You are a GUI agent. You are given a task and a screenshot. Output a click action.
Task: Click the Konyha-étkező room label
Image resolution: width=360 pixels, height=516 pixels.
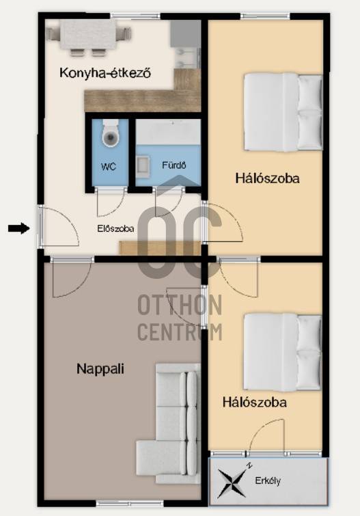[x=105, y=72]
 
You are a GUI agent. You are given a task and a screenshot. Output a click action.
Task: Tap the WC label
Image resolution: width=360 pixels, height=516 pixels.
[x=109, y=167]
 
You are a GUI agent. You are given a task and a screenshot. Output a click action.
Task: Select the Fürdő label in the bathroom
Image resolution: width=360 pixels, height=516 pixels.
[x=174, y=165]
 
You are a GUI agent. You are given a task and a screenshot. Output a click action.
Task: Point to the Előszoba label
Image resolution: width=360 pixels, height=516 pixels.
[x=115, y=228]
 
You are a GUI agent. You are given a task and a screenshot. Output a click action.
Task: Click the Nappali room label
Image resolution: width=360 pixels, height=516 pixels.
[x=100, y=368]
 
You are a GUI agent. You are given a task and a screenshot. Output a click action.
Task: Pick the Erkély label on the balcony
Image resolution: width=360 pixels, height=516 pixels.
[x=268, y=480]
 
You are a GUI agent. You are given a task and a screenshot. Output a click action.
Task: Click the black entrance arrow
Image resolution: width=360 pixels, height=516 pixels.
[x=18, y=228]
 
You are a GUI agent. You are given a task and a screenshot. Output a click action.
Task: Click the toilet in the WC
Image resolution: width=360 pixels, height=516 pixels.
[x=110, y=133]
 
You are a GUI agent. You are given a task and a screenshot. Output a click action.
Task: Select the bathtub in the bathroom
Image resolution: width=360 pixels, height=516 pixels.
[x=168, y=132]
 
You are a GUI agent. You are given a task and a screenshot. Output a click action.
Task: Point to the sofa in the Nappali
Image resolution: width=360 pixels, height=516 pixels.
[x=169, y=424]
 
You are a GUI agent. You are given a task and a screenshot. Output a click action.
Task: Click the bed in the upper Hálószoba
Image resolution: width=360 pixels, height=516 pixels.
[x=283, y=112]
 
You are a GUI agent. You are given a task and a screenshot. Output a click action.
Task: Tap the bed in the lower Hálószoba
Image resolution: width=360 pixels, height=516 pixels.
[x=283, y=353]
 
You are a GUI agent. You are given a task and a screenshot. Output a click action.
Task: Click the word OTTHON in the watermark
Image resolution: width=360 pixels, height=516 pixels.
[x=180, y=305]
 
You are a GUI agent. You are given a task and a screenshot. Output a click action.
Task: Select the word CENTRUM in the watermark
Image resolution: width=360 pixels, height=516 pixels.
[x=180, y=331]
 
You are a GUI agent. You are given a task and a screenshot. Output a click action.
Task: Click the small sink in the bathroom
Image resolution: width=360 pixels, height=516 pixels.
[x=143, y=165]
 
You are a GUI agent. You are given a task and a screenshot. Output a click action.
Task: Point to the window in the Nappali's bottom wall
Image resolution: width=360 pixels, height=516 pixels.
[x=130, y=504]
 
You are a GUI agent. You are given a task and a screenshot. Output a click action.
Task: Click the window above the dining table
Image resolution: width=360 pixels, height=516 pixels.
[x=135, y=16]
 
